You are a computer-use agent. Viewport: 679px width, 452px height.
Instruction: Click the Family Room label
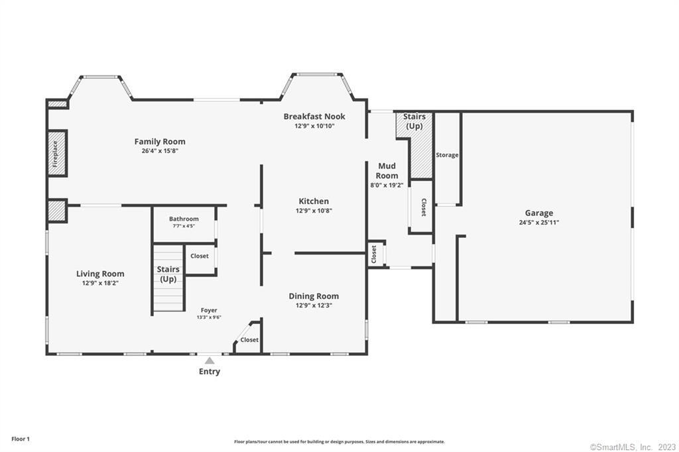coord(160,142)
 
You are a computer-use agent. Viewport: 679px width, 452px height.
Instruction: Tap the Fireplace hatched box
coord(56,153)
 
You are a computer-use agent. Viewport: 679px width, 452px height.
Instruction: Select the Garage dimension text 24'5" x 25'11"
coord(539,223)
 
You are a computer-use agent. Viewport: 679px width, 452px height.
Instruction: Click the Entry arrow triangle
coord(210,361)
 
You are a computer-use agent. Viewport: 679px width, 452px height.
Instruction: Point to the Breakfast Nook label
coord(314,117)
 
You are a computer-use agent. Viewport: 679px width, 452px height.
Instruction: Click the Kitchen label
coord(314,201)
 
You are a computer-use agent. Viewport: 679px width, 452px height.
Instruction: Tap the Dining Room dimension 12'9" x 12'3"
coord(314,306)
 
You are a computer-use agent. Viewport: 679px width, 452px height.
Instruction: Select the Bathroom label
coord(184,219)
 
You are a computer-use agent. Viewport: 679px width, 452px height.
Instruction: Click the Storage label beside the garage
coord(448,155)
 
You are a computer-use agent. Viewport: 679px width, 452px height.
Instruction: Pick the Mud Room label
coord(387,170)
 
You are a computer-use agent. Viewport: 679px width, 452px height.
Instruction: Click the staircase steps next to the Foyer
coord(168,278)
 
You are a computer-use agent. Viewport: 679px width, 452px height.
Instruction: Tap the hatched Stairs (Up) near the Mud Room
coord(415,145)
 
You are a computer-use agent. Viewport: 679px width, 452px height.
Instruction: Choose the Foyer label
coord(209,310)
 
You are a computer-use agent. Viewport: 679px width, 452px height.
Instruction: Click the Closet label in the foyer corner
coord(249,340)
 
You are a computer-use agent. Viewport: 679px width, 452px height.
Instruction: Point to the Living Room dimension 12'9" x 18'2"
coord(101,284)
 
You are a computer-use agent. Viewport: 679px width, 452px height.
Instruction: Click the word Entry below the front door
coord(210,371)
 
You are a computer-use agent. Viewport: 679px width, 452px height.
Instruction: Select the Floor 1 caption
coord(21,439)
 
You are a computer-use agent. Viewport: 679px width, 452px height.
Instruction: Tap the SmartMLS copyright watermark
coord(633,447)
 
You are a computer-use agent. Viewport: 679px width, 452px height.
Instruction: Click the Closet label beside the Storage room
coord(424,207)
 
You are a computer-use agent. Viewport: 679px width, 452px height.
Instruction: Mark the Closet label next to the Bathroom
coord(200,256)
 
